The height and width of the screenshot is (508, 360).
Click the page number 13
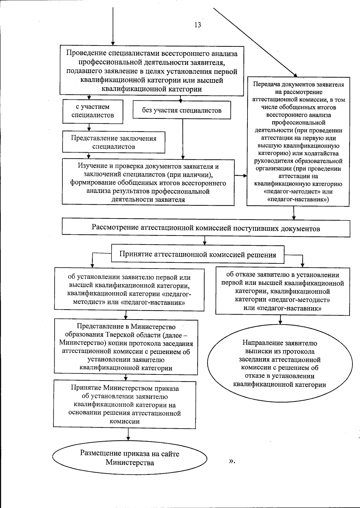tap(198, 25)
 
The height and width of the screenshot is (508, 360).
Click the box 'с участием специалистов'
tap(93, 111)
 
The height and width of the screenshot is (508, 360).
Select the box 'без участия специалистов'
tap(182, 110)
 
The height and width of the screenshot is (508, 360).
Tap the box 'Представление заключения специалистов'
tap(113, 143)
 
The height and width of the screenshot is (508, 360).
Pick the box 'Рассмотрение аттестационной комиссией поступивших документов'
tap(206, 228)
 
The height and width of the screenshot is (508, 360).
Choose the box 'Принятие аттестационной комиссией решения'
tap(198, 254)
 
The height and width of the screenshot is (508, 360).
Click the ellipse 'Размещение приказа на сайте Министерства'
tap(130, 458)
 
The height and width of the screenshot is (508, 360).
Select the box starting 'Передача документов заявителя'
tap(298, 142)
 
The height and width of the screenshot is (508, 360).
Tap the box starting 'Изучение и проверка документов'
tap(148, 183)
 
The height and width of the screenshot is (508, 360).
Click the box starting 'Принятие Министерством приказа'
tap(125, 405)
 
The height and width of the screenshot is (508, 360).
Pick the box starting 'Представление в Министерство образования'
tap(126, 347)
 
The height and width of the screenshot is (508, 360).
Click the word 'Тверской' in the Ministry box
tap(118, 335)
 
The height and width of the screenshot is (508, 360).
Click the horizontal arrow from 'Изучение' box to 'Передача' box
tap(241, 176)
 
